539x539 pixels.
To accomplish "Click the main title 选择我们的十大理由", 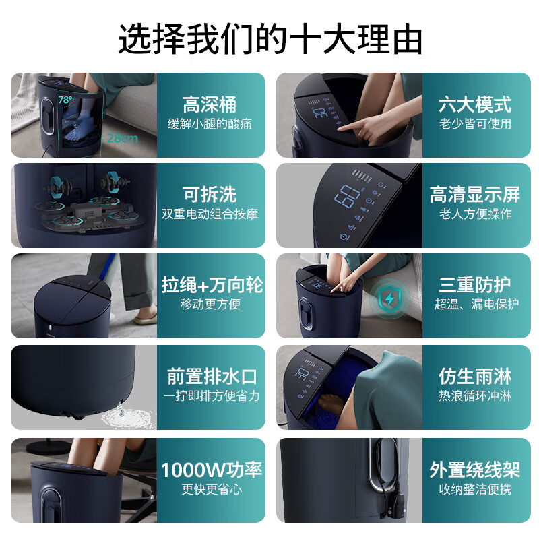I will click(269, 38).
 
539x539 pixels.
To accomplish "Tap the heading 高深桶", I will click(210, 105).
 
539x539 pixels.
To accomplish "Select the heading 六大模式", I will click(475, 105).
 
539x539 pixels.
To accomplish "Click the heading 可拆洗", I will click(210, 195).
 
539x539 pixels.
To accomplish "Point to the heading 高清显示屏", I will click(475, 195).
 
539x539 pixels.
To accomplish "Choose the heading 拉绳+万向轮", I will click(212, 285).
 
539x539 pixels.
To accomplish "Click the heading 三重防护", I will click(475, 285).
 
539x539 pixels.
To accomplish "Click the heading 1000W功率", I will click(212, 470).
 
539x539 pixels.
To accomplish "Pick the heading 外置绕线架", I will click(475, 470).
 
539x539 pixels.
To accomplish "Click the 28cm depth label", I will click(122, 139).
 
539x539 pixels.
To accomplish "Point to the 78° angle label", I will click(65, 100).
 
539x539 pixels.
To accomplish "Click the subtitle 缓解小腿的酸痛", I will click(210, 124).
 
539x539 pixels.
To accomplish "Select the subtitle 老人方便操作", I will click(475, 214).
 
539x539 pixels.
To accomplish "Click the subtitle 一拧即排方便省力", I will click(212, 396).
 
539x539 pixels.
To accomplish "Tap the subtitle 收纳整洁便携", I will click(475, 489).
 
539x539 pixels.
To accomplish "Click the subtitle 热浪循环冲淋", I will click(475, 396).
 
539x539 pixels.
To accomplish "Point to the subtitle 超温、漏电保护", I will click(476, 305).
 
